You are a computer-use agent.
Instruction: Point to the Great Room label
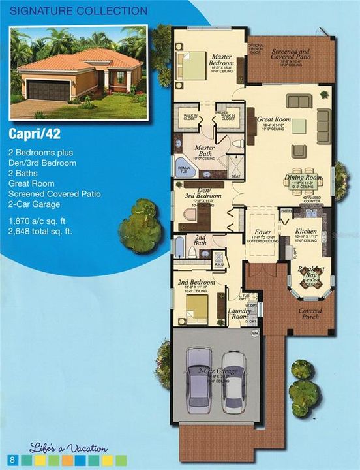[x=274, y=119]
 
